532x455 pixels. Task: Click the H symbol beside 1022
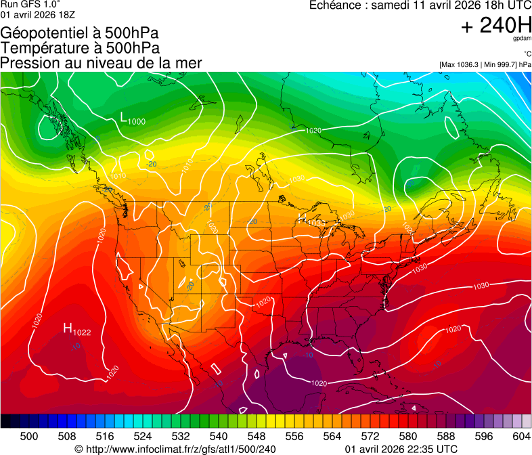coord(68,328)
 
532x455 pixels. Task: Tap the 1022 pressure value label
coord(83,332)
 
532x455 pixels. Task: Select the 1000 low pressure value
coord(136,121)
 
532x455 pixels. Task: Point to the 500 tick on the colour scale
coord(29,435)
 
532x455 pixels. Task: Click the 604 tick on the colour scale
coord(521,435)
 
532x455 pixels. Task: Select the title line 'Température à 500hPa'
coord(80,48)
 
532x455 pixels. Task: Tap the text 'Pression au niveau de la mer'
coord(101,63)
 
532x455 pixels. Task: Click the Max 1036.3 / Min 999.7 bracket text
coord(485,64)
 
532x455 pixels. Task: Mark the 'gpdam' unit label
coord(522,39)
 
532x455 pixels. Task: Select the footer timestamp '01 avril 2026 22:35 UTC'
coord(401,449)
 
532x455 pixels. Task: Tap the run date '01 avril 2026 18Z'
coord(38,14)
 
